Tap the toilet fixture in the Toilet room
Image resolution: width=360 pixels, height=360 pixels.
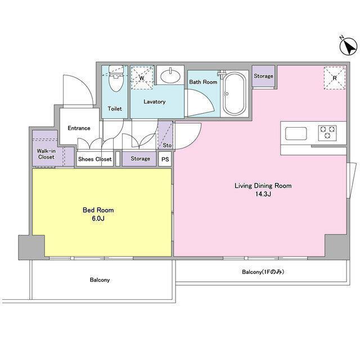(116, 78)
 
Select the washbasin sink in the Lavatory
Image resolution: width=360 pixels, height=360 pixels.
(170, 75)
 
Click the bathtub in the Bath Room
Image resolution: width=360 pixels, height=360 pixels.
(235, 94)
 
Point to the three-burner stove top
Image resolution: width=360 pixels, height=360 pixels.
(327, 133)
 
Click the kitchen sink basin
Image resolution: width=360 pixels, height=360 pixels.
(296, 134)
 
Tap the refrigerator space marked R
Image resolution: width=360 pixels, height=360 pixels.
(335, 78)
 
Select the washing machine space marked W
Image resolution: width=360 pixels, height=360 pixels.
(142, 78)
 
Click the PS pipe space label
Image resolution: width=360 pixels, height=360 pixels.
(165, 159)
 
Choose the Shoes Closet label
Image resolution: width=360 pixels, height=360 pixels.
(95, 159)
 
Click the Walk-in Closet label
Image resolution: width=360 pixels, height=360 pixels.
(46, 154)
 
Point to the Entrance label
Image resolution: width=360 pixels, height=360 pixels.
(79, 128)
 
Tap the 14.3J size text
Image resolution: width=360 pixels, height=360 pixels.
(263, 194)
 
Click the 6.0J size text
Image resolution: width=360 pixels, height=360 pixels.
(98, 218)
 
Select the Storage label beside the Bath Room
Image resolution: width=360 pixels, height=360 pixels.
(263, 76)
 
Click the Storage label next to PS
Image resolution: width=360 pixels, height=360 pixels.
(140, 159)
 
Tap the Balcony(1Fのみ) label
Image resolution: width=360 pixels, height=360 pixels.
(263, 272)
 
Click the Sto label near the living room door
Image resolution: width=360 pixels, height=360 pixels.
(167, 145)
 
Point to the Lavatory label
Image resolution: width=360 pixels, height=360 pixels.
(155, 102)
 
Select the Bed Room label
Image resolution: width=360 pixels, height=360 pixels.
(98, 210)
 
